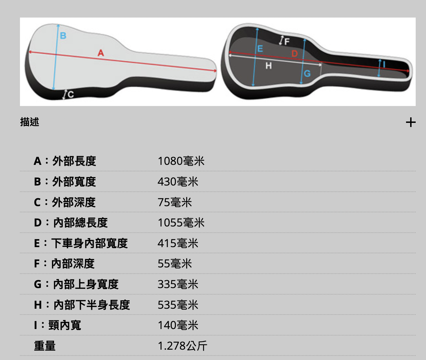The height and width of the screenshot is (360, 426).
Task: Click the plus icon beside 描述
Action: click(411, 123)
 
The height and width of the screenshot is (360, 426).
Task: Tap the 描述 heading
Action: click(30, 122)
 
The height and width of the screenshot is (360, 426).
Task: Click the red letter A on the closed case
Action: click(101, 53)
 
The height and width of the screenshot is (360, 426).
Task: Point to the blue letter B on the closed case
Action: click(63, 36)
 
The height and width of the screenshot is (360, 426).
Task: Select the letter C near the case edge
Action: click(71, 95)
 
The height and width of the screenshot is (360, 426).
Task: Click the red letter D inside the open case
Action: click(295, 54)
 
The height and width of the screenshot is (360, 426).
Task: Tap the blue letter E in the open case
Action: click(260, 49)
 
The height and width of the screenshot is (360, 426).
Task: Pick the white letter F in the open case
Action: click(287, 42)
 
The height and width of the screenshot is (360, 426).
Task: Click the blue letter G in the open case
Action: click(307, 73)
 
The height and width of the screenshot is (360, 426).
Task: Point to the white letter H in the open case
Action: click(269, 66)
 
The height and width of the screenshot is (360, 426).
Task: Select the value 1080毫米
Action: click(181, 161)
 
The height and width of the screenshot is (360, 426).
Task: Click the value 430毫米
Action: click(178, 182)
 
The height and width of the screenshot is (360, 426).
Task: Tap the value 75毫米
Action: click(175, 202)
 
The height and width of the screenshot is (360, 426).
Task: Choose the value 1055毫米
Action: click(181, 222)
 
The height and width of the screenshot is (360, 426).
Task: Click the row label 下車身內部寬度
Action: click(89, 243)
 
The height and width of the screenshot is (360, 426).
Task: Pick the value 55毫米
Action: click(175, 264)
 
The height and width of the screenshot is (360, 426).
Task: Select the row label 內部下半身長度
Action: click(92, 305)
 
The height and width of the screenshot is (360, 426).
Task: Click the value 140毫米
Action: click(178, 325)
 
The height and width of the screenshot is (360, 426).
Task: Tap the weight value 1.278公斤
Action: click(182, 346)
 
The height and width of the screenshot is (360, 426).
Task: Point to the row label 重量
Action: click(45, 346)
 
